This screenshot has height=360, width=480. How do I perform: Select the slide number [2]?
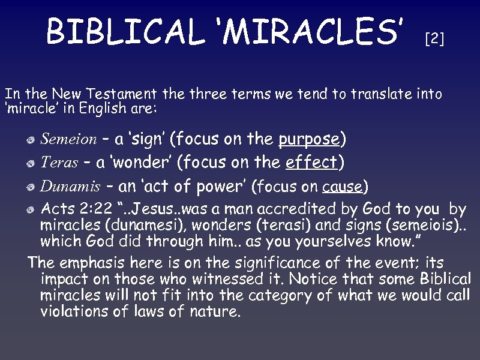pos(434,40)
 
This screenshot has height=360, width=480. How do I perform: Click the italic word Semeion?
pos(68,140)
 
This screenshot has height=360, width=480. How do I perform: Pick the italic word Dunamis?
pos(70,187)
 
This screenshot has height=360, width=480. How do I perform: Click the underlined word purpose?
pos(310,140)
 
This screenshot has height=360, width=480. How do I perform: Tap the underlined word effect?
pos(312,163)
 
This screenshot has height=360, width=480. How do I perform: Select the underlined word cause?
pos(343,187)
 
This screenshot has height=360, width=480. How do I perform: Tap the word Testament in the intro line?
pos(121,94)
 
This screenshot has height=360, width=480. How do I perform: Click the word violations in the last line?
pos(76,311)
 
